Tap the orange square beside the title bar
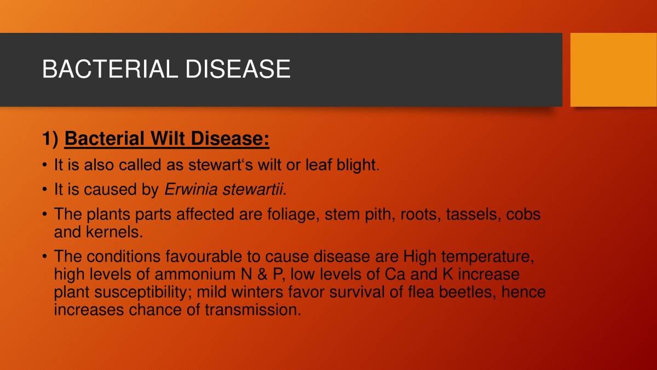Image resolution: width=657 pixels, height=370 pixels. tap(613, 70)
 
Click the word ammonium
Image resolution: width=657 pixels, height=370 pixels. tap(199, 274)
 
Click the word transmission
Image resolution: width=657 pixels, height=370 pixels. tap(253, 309)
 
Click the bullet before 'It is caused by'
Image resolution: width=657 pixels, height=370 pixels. tap(45, 190)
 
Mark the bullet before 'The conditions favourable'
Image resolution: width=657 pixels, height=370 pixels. tap(45, 257)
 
